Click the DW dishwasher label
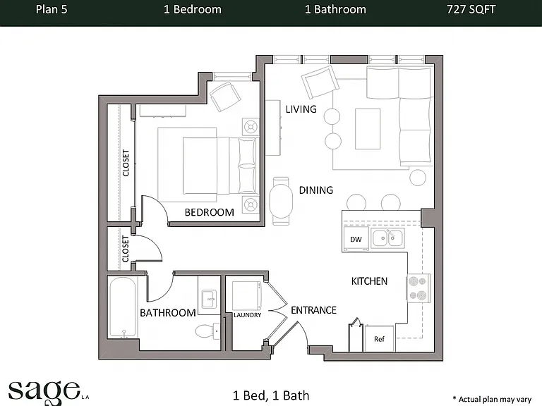(x=356, y=239)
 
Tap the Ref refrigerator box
(x=379, y=338)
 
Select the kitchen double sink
(x=387, y=238)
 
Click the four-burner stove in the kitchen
(x=418, y=288)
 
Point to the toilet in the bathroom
(x=207, y=331)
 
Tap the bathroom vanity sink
(x=209, y=299)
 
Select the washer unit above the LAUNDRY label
(x=247, y=295)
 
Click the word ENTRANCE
(x=313, y=310)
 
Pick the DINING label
(x=316, y=190)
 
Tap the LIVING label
(x=301, y=109)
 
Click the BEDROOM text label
(x=209, y=212)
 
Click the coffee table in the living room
(x=368, y=129)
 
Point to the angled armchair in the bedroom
(x=225, y=97)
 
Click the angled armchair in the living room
(x=320, y=82)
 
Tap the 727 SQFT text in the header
(x=471, y=9)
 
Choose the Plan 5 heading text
(x=52, y=9)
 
